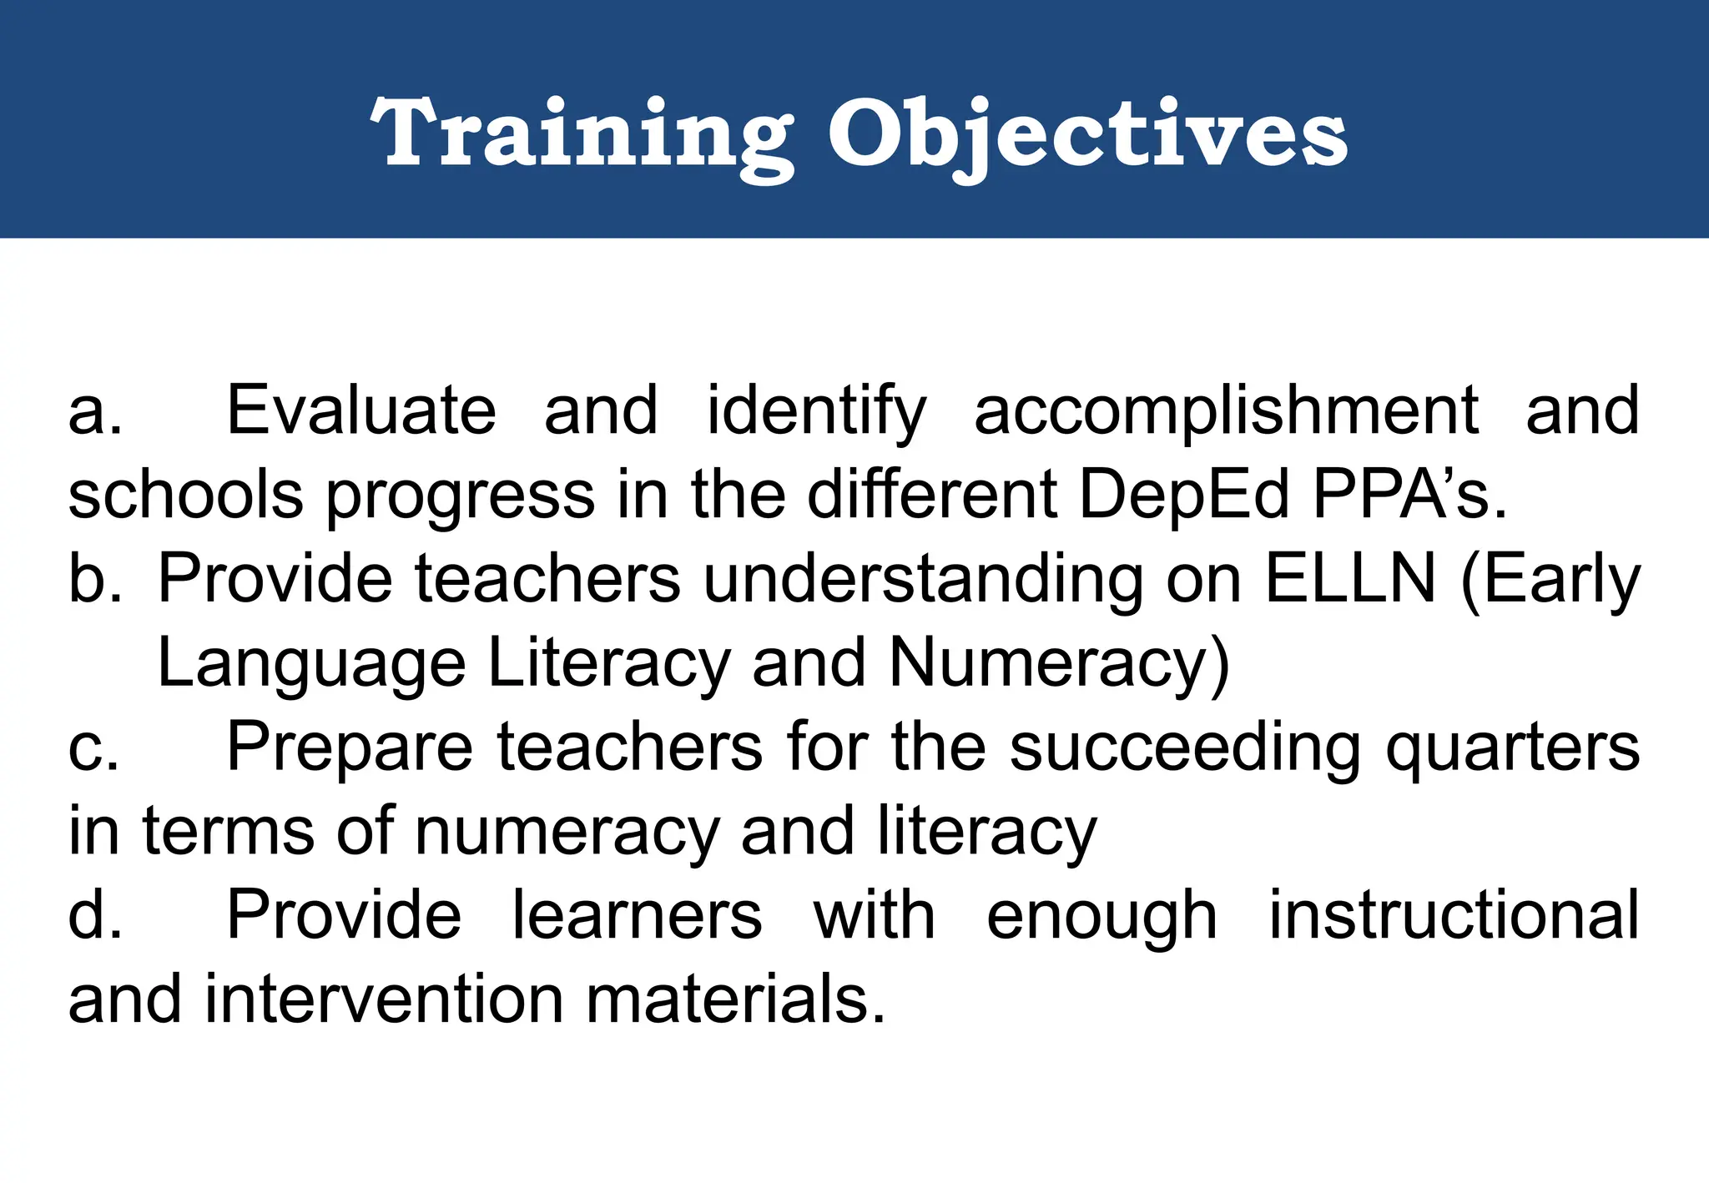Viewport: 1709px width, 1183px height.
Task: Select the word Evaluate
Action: (361, 410)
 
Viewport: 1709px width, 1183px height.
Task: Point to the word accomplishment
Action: (1226, 410)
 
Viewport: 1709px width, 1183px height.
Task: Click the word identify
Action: (816, 410)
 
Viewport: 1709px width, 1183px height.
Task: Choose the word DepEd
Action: (1184, 495)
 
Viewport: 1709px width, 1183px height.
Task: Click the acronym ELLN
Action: (1350, 579)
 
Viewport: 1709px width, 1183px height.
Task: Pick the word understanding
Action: (924, 579)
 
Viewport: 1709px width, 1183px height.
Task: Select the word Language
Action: (310, 664)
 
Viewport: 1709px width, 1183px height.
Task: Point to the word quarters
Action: (1512, 748)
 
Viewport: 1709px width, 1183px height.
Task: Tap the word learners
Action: (637, 915)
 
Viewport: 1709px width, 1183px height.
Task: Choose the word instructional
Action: (1454, 915)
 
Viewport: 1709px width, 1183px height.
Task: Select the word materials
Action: (734, 999)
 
